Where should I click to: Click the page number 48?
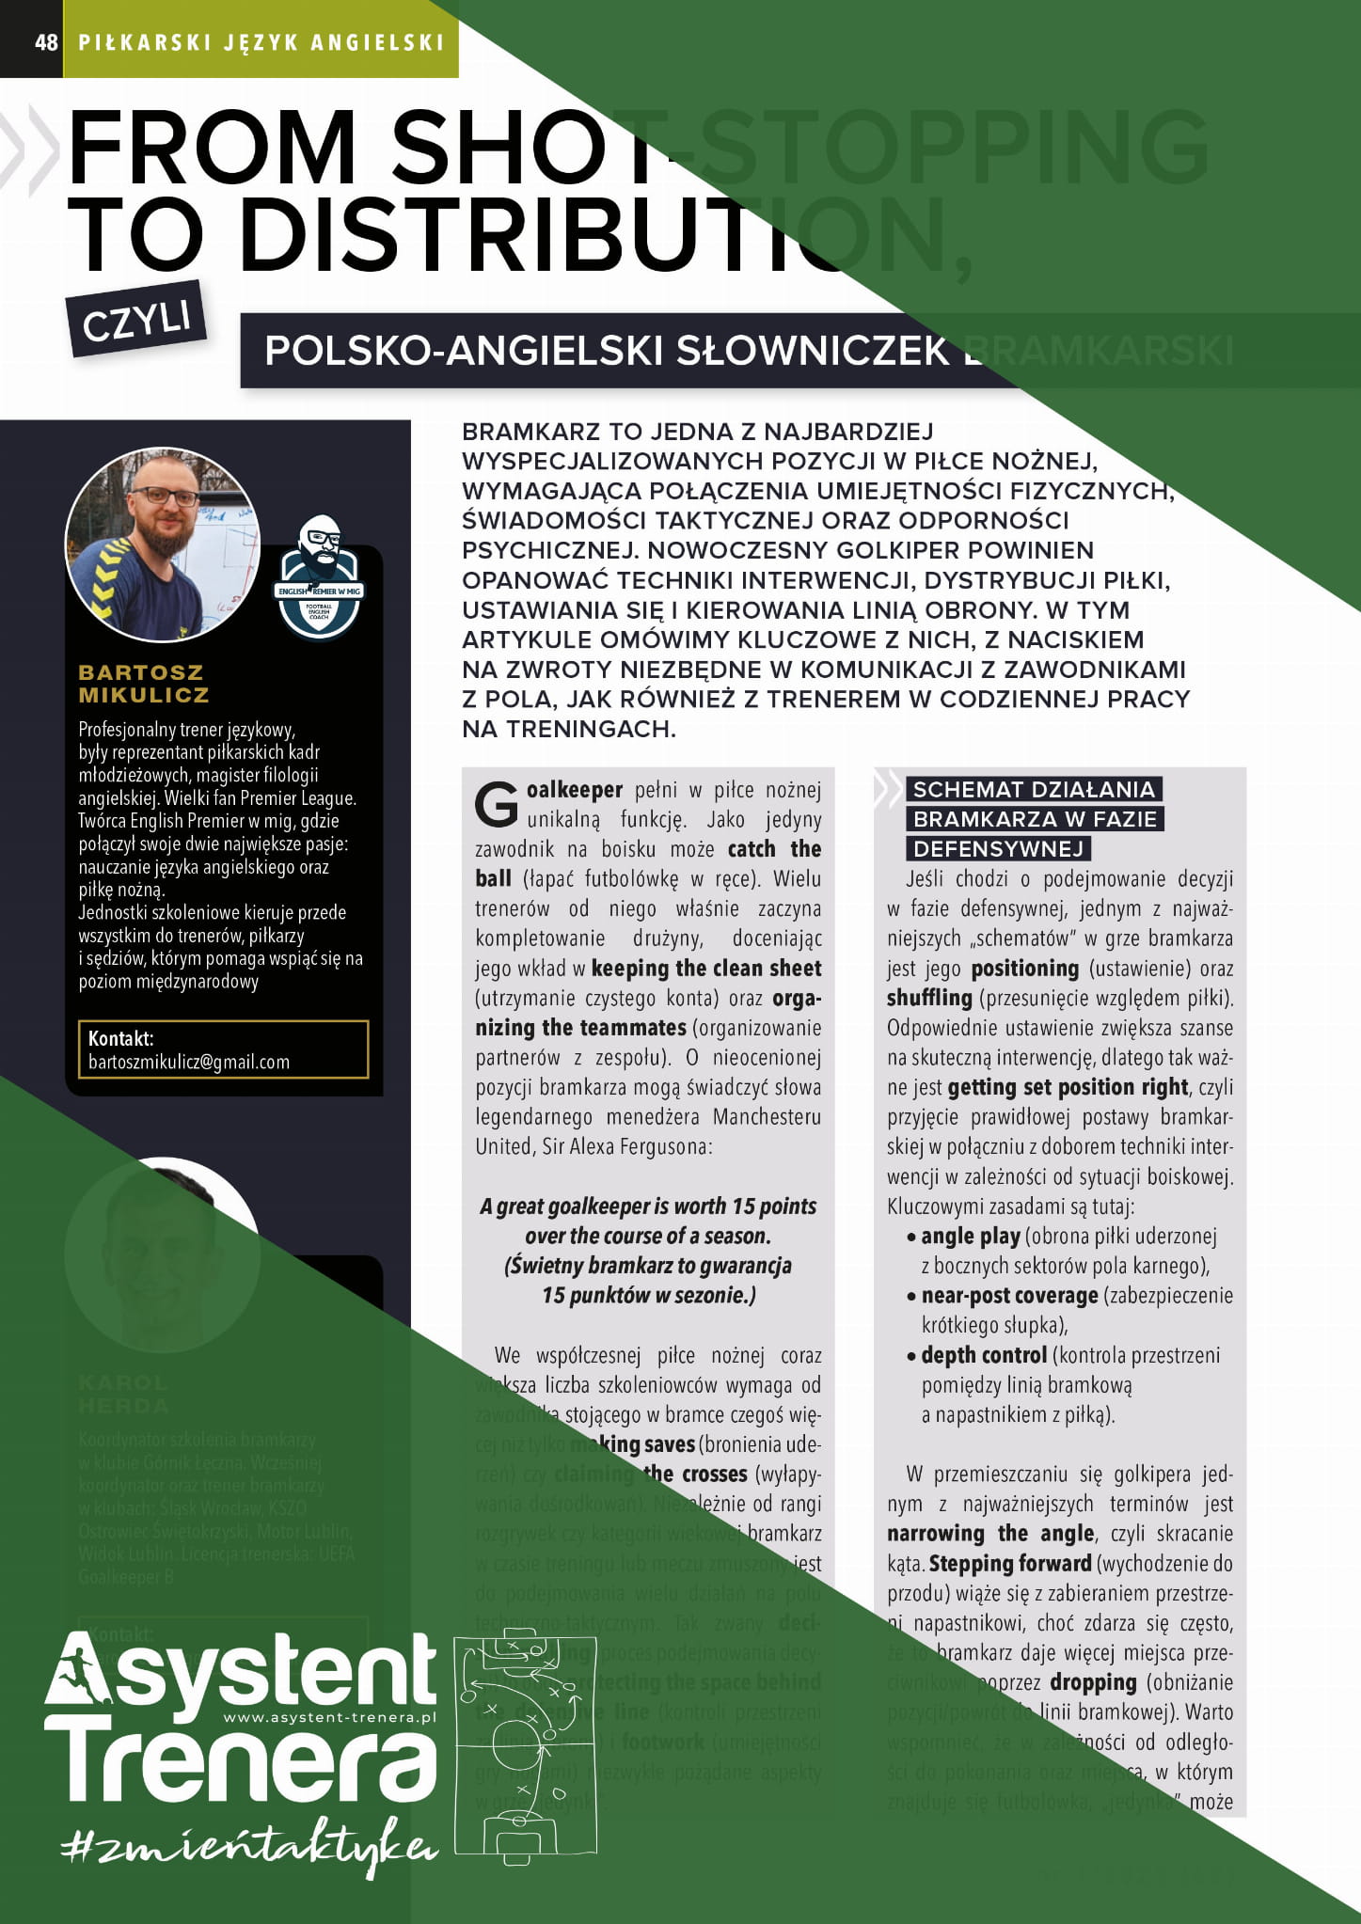click(x=46, y=41)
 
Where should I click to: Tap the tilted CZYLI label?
click(x=137, y=320)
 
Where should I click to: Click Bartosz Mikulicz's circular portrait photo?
click(x=162, y=544)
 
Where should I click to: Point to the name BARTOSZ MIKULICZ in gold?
click(x=143, y=684)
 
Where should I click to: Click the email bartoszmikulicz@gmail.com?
click(x=189, y=1062)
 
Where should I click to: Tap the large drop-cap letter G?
click(x=497, y=804)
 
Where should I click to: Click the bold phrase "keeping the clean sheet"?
click(x=705, y=969)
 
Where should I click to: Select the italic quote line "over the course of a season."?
click(x=648, y=1236)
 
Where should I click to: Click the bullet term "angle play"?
click(x=970, y=1236)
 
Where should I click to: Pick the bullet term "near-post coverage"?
click(x=1009, y=1295)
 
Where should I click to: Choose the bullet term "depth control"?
click(x=983, y=1355)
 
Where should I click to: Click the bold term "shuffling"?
click(x=929, y=998)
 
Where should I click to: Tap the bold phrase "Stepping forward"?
click(x=1010, y=1563)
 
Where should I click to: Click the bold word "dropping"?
click(x=1093, y=1682)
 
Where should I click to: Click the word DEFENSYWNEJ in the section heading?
click(x=998, y=848)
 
